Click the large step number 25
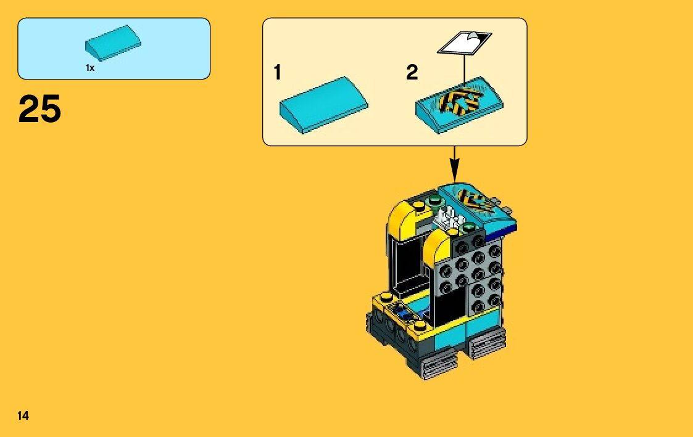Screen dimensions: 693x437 [40, 109]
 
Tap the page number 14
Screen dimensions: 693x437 [23, 415]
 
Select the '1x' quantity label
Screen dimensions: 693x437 [90, 68]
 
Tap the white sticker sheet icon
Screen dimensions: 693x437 [465, 44]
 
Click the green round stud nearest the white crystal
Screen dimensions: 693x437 [470, 227]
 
